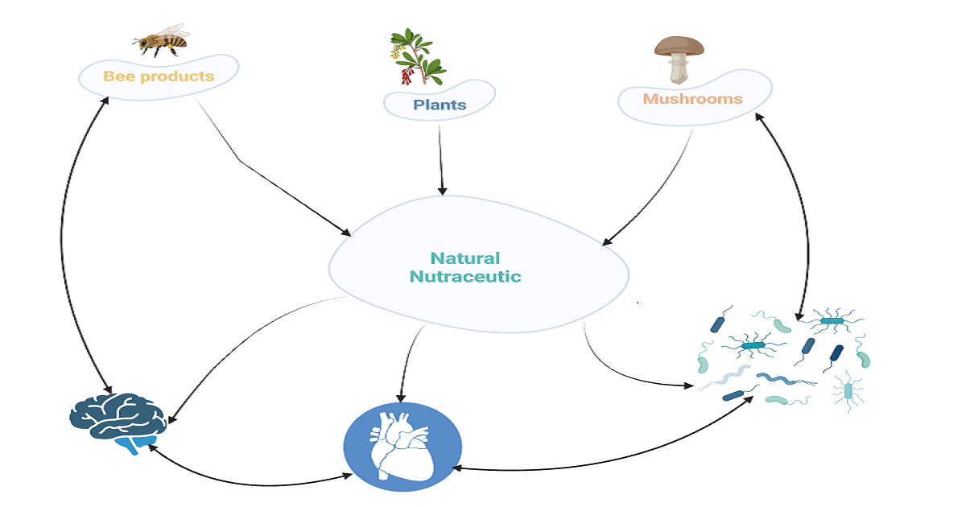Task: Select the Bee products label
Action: click(159, 76)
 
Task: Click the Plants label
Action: click(440, 105)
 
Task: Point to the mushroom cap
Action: click(679, 46)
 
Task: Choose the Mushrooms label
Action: click(692, 99)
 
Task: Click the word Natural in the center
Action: click(464, 258)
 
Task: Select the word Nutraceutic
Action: click(465, 277)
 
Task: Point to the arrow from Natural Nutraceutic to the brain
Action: click(233, 346)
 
